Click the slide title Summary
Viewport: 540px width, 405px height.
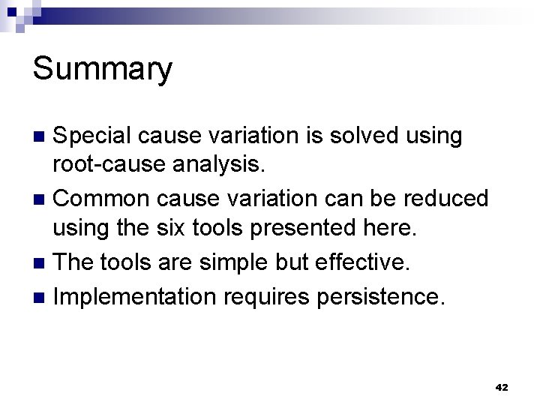point(103,70)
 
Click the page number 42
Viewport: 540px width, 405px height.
point(502,388)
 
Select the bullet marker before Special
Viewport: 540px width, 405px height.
point(42,137)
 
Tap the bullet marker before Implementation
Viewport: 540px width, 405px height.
point(42,296)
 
